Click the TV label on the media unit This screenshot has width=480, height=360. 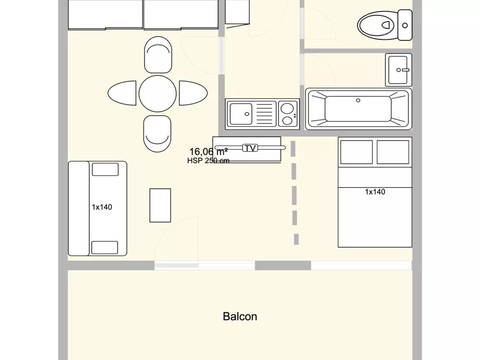point(250,148)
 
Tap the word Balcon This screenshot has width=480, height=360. point(240,316)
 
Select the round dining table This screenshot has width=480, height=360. point(157,93)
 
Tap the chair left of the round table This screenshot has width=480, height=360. point(122,93)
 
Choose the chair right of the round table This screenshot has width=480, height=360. point(193,93)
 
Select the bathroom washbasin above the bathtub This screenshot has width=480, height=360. point(398,70)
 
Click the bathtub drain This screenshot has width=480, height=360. point(358,100)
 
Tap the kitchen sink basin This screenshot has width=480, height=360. point(241,114)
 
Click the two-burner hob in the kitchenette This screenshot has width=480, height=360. point(288,114)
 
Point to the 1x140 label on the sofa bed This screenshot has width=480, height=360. point(102,207)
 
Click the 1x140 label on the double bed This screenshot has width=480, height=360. point(375,192)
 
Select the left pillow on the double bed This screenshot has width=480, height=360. point(356,152)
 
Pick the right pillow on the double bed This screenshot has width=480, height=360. point(393,152)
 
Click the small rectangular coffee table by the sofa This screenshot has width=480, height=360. point(160,205)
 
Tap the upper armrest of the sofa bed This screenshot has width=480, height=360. point(105,169)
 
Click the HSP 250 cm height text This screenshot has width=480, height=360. point(208,161)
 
